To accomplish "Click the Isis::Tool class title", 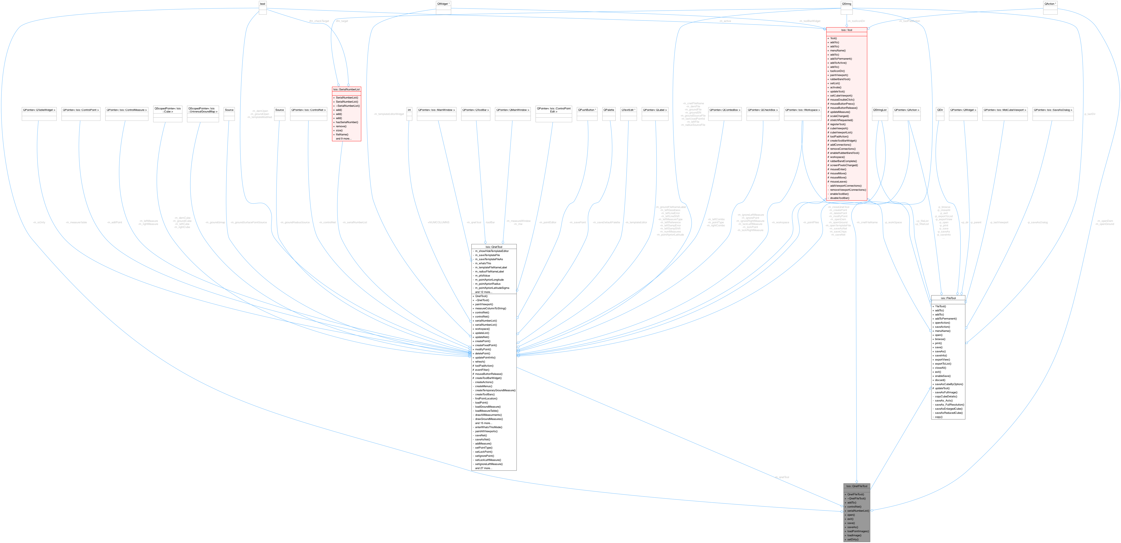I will point(846,30).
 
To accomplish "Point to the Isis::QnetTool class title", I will point(494,246).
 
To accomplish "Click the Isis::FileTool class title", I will point(948,298).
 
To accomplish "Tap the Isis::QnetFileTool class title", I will point(856,486).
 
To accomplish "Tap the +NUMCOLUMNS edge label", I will point(439,222).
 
